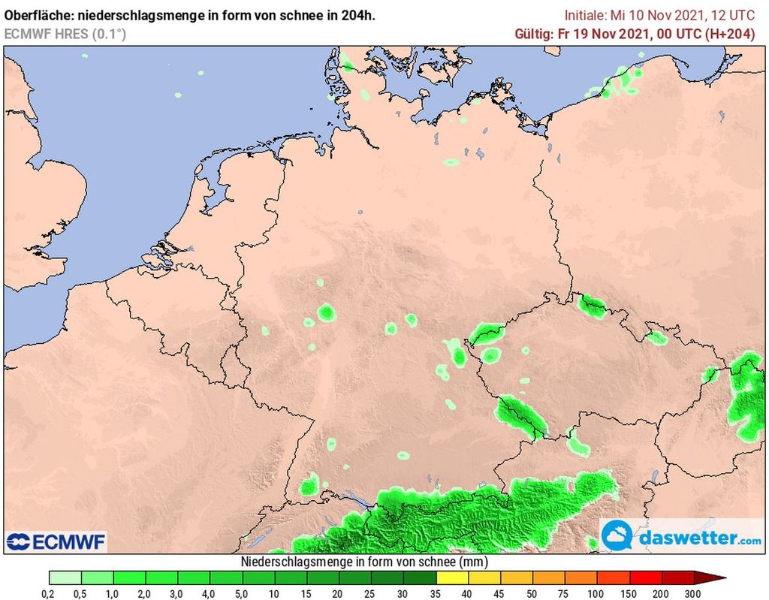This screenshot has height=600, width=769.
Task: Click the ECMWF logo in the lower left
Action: [56, 541]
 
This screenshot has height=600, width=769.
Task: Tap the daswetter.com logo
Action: [682, 538]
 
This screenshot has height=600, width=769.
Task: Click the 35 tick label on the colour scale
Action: [436, 593]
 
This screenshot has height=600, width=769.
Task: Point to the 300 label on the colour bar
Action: [693, 593]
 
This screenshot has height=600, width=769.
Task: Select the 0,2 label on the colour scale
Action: [49, 593]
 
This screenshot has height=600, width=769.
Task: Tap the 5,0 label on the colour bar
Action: [243, 593]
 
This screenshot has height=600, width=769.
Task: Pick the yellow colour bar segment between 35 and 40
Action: [451, 577]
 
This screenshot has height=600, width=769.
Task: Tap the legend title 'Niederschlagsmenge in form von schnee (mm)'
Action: [365, 562]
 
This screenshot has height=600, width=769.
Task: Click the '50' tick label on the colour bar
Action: [532, 593]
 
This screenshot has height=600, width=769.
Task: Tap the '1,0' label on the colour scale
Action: [113, 593]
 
